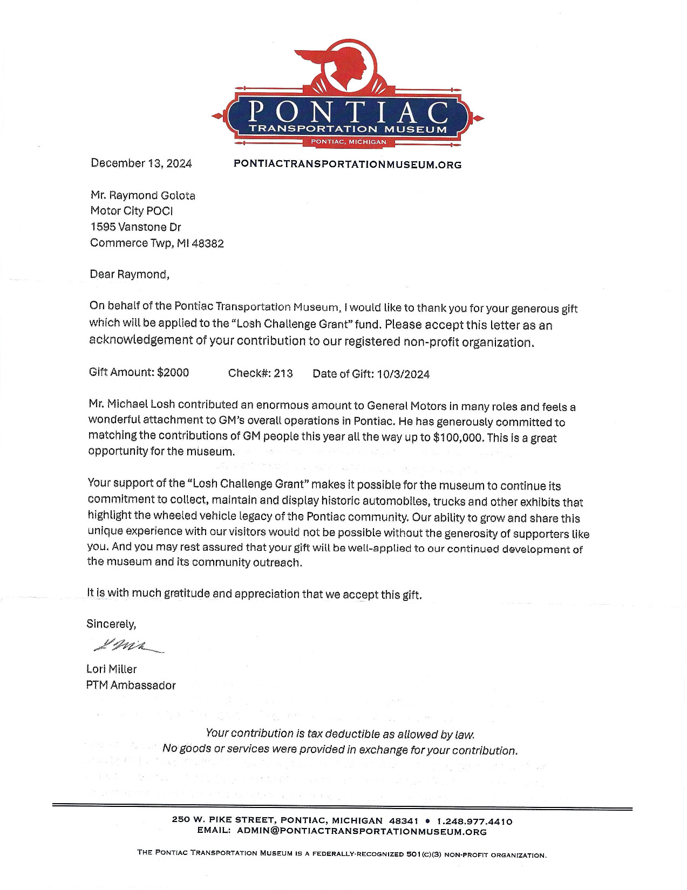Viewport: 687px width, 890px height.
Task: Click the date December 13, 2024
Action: pyautogui.click(x=141, y=163)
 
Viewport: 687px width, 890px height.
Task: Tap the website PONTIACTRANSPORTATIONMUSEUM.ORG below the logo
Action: pyautogui.click(x=348, y=165)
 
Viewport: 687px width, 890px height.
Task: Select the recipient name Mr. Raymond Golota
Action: pyautogui.click(x=142, y=195)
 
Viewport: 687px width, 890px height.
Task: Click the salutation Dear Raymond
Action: pyautogui.click(x=129, y=274)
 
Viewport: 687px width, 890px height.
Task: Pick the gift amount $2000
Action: pyautogui.click(x=173, y=372)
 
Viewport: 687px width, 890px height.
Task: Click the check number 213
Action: pyautogui.click(x=283, y=373)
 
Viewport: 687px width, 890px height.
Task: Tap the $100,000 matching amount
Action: pyautogui.click(x=457, y=438)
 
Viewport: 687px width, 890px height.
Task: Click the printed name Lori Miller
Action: pyautogui.click(x=112, y=669)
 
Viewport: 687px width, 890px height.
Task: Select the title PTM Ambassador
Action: pyautogui.click(x=131, y=686)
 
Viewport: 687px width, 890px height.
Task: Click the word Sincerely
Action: pyautogui.click(x=111, y=624)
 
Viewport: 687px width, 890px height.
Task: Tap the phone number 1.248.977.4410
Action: pyautogui.click(x=474, y=821)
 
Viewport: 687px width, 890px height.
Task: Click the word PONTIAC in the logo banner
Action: pyautogui.click(x=348, y=112)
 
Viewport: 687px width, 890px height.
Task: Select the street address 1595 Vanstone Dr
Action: pyautogui.click(x=135, y=227)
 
